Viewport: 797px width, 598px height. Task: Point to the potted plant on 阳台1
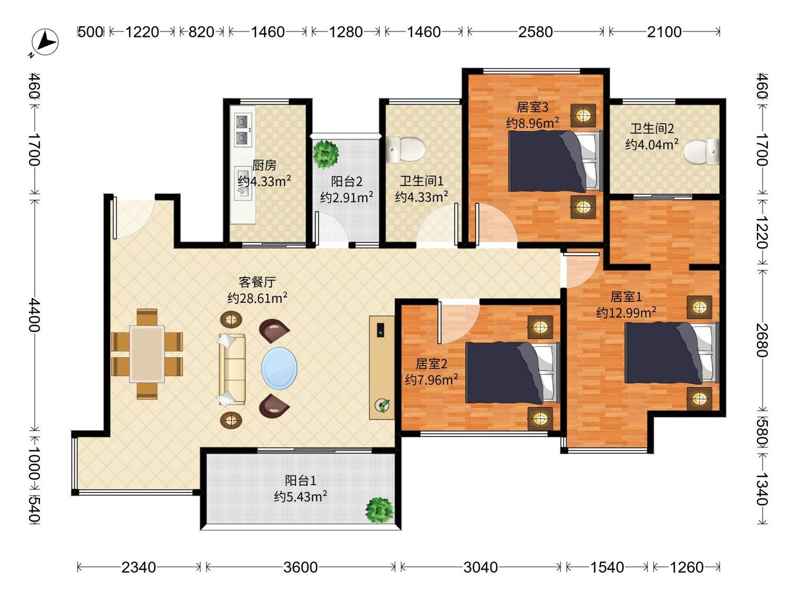tap(379, 510)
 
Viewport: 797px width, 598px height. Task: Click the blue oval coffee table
tap(279, 368)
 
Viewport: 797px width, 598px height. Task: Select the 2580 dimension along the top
tap(535, 32)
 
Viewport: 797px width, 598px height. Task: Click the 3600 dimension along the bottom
tap(300, 567)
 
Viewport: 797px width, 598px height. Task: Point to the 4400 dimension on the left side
tap(35, 315)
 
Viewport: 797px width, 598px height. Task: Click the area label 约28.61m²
tap(257, 298)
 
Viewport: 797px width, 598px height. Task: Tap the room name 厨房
tap(264, 165)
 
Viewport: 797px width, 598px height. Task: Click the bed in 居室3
tap(555, 161)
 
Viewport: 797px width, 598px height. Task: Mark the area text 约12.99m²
tap(626, 312)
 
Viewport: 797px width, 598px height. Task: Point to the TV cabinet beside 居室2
tap(382, 368)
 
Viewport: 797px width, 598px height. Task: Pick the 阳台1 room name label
tap(301, 480)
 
